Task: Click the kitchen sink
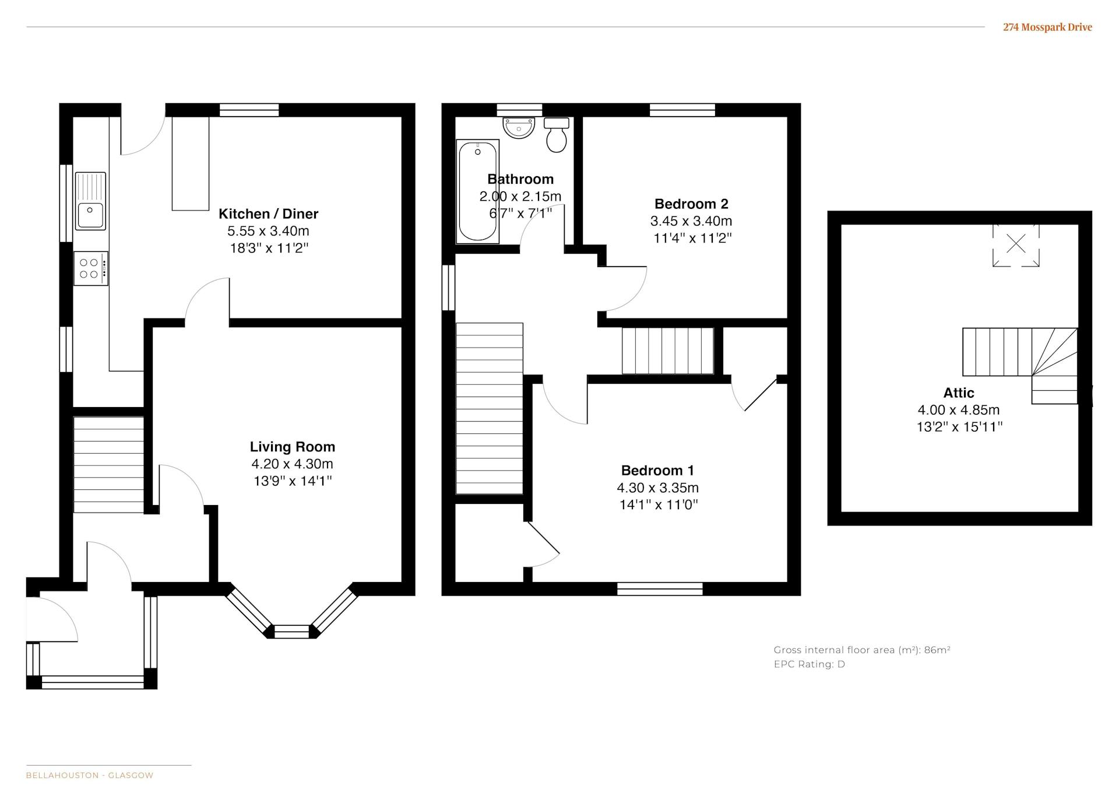tap(90, 201)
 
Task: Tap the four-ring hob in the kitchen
tap(91, 268)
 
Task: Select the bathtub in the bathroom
tap(477, 191)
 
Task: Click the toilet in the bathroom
tap(557, 135)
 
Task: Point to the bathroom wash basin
tap(519, 127)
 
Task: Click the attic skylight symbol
tap(1016, 244)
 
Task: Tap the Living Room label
tap(293, 447)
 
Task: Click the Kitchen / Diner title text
tap(269, 213)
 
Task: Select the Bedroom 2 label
tap(691, 204)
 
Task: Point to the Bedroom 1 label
tap(657, 471)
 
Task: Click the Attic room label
tap(959, 393)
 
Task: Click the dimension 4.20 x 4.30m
tap(292, 464)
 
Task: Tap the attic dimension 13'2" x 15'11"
tap(959, 427)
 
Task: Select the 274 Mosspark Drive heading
tap(1047, 27)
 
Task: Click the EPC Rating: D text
tap(809, 664)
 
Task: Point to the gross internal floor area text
tap(862, 650)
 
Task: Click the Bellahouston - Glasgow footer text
tap(90, 776)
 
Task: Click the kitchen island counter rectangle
tap(191, 163)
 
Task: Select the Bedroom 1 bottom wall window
tap(660, 589)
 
